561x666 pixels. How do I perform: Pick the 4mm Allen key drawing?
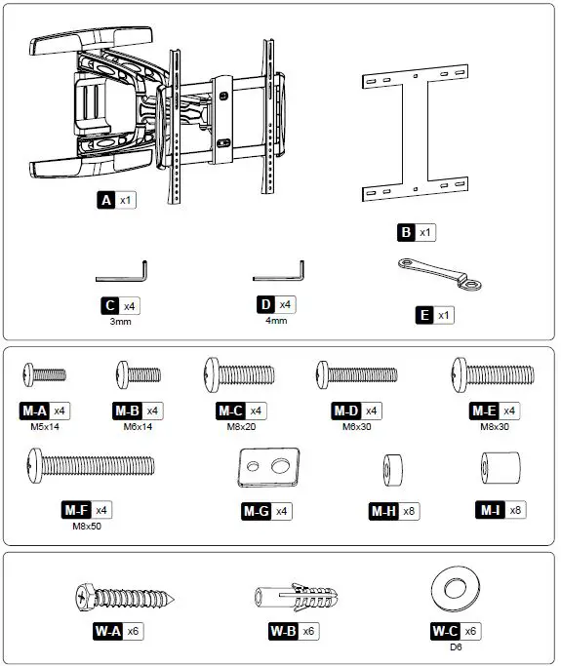tap(279, 267)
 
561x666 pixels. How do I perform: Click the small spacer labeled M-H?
tap(393, 467)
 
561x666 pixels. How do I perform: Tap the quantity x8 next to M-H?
tap(409, 511)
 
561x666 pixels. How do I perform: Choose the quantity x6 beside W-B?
tap(309, 631)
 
